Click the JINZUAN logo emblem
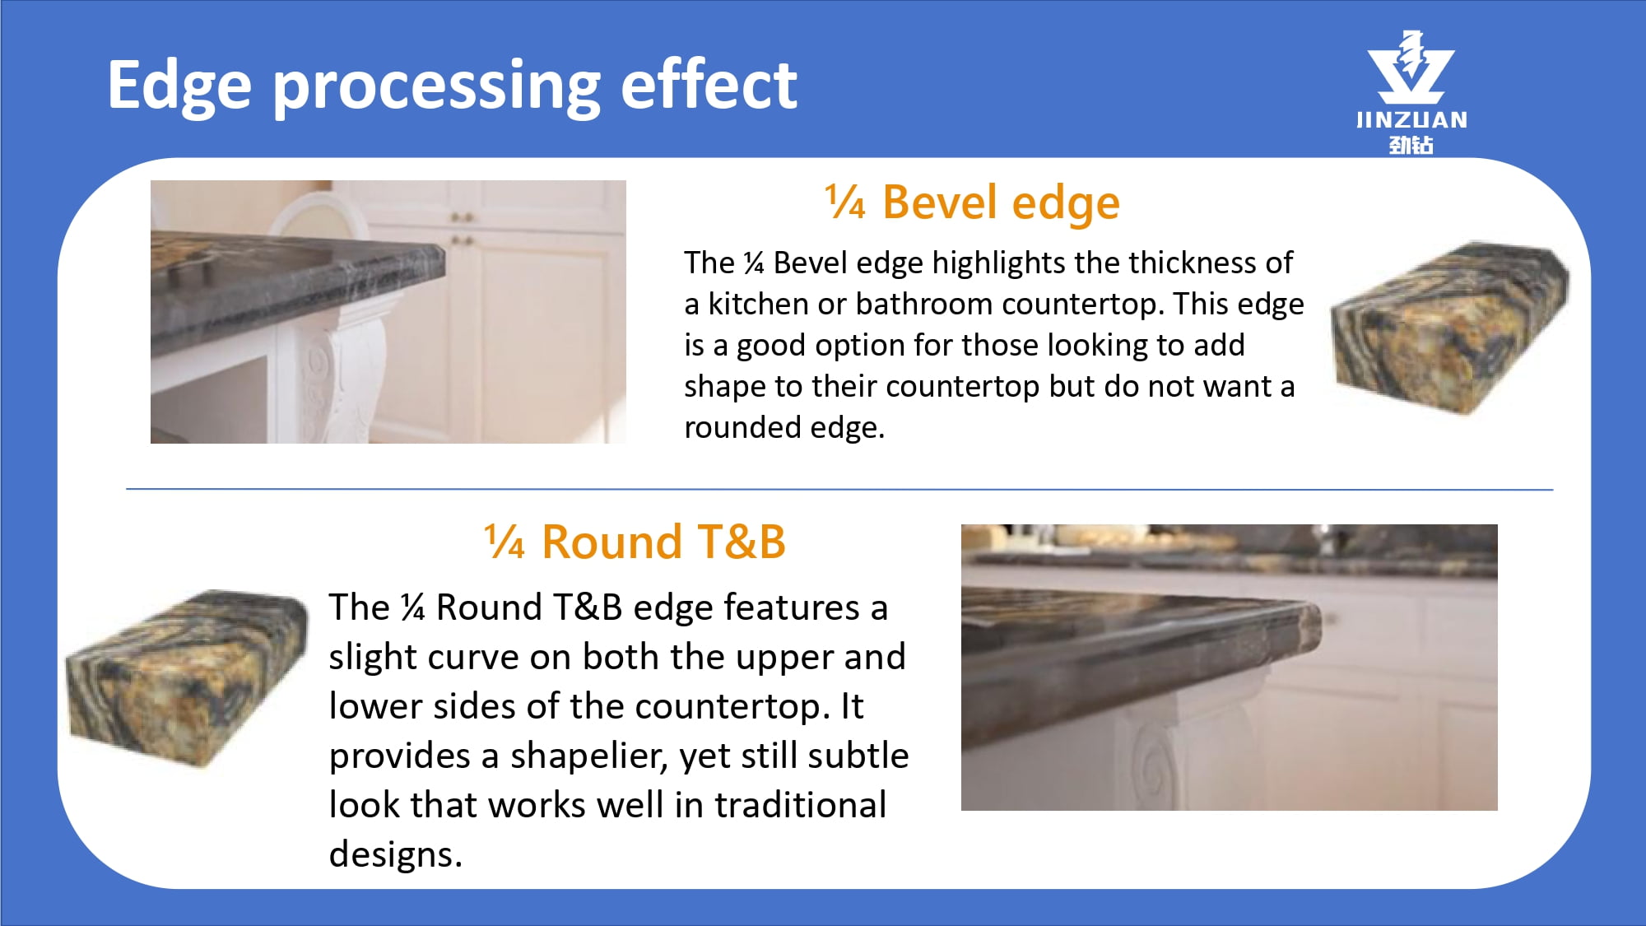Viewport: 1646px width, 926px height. [x=1411, y=67]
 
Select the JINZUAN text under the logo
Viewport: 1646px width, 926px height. [x=1411, y=120]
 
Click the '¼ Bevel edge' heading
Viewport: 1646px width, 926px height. [x=972, y=203]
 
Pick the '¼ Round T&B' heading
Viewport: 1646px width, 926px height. [x=635, y=542]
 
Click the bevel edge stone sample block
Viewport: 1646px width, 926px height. [x=1449, y=327]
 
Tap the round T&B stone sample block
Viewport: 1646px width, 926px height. [x=188, y=679]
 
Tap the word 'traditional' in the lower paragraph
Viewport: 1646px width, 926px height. [x=800, y=805]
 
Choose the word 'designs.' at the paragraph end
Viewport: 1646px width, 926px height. [x=396, y=855]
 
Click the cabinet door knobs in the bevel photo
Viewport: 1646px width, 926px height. [x=462, y=228]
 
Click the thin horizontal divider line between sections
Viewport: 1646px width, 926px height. [x=839, y=490]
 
